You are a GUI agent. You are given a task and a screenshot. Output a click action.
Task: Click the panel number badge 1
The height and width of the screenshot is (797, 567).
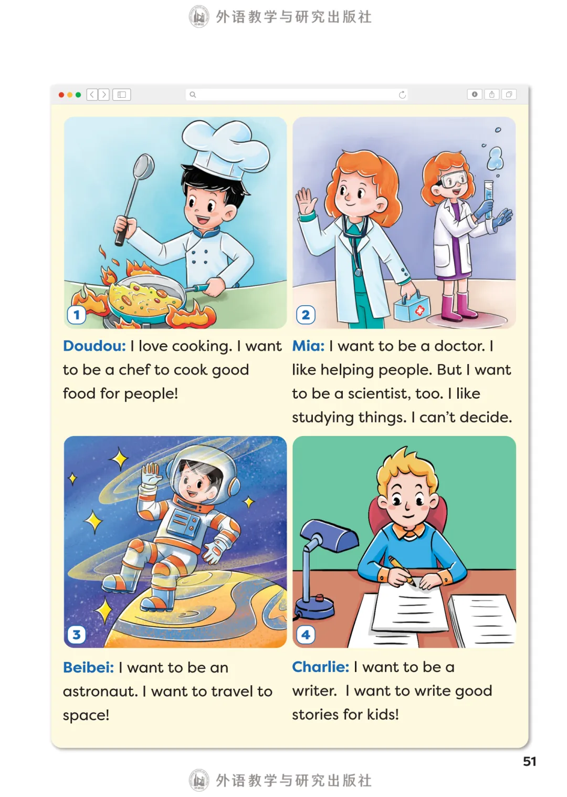tap(77, 315)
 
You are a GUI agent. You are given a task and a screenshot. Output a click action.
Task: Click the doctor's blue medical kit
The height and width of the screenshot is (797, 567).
tap(412, 307)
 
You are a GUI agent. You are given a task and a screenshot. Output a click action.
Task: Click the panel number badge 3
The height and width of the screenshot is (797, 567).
tap(77, 635)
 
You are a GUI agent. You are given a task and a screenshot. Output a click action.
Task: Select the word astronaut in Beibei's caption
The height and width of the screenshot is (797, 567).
tap(100, 691)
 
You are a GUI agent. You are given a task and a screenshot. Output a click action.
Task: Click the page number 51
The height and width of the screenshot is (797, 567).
tap(529, 761)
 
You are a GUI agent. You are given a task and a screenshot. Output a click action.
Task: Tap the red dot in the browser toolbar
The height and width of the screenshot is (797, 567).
tap(61, 95)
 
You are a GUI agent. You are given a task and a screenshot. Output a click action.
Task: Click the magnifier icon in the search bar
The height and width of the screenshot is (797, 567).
tap(193, 95)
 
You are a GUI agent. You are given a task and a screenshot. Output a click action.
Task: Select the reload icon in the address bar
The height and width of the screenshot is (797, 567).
tap(402, 95)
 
